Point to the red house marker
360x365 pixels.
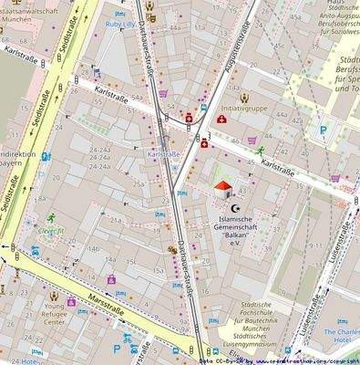221,189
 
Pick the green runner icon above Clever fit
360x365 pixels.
53,216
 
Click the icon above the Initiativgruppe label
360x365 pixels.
245,96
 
